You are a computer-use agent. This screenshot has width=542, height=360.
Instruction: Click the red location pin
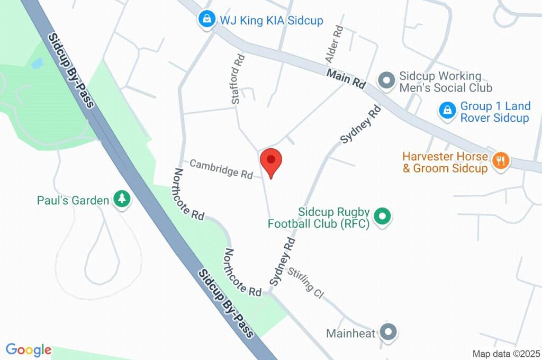click(271, 161)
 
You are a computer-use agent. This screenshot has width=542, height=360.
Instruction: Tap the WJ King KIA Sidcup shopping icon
click(205, 20)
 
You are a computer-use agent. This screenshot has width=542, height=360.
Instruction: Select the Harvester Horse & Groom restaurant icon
click(500, 160)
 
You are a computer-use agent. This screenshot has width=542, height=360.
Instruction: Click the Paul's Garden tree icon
click(122, 200)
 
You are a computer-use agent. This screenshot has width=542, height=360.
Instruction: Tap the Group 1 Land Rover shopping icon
click(447, 111)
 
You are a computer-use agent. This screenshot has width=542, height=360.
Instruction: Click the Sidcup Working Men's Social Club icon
click(387, 81)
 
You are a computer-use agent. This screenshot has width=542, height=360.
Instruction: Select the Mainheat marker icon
click(389, 332)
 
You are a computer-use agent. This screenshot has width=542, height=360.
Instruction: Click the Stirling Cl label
click(305, 283)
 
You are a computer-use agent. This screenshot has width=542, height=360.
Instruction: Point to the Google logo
click(28, 350)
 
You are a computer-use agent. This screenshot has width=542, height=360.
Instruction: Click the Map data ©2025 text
click(507, 354)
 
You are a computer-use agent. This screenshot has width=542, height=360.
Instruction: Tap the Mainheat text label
click(350, 334)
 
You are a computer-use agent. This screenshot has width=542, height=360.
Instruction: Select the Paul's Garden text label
click(73, 200)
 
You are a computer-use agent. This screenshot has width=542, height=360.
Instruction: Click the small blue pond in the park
click(37, 64)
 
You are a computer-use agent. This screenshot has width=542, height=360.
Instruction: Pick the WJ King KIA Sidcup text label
click(272, 20)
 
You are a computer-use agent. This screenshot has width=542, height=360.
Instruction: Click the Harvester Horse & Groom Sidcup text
click(445, 163)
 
